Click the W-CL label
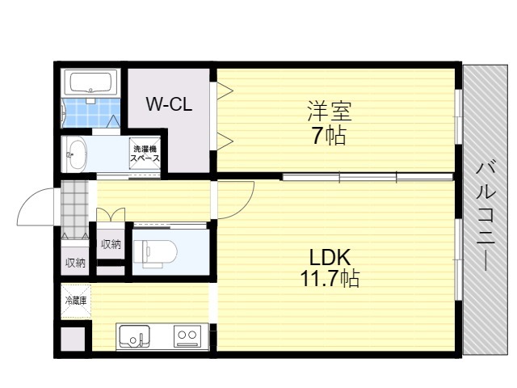click(169, 104)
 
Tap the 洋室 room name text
click(330, 112)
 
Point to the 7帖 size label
click(329, 136)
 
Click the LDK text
click(330, 257)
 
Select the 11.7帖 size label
click(330, 278)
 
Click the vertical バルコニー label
click(485, 217)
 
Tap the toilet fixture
click(155, 253)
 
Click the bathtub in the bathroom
click(91, 82)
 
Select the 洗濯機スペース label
click(145, 154)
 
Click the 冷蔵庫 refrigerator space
click(76, 302)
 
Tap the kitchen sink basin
click(134, 335)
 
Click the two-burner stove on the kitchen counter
click(187, 336)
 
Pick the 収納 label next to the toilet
click(111, 244)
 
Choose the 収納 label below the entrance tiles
click(75, 263)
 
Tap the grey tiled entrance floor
click(75, 209)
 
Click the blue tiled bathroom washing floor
click(91, 112)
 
